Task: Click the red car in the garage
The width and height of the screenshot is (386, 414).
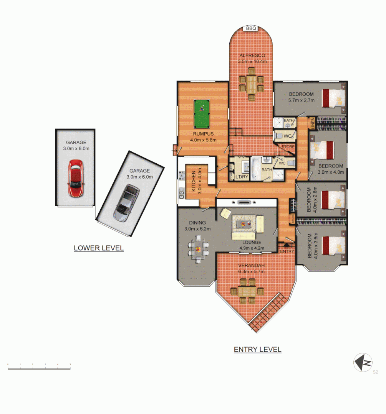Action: [x=76, y=178]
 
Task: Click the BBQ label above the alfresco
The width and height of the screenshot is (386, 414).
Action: [x=251, y=28]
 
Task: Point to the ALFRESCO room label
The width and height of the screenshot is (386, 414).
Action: [x=252, y=56]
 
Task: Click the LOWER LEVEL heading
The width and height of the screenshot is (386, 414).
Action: [x=99, y=248]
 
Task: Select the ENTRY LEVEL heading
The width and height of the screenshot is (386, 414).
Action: [x=258, y=350]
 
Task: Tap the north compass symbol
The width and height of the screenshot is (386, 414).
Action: [x=363, y=362]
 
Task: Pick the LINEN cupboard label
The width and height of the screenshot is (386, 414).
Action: [x=313, y=124]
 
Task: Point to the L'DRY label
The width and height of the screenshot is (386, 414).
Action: [x=242, y=176]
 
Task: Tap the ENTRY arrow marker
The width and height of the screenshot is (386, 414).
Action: [x=286, y=245]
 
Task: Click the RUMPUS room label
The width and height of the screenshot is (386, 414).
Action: [x=204, y=134]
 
